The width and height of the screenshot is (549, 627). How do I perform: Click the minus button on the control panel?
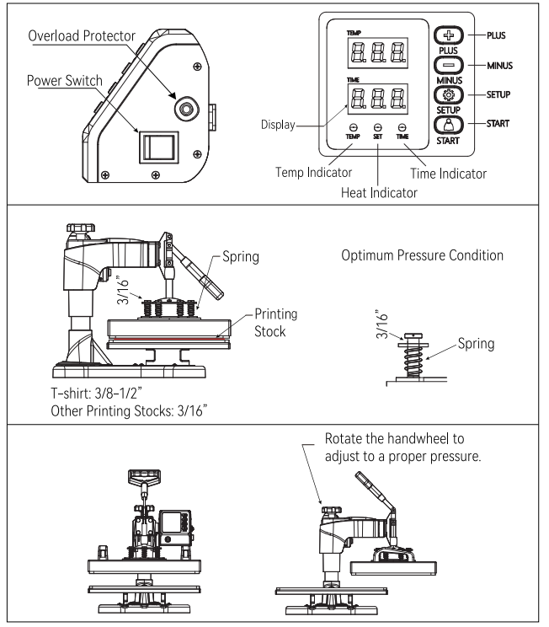(450, 64)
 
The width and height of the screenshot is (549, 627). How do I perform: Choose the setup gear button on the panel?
(450, 94)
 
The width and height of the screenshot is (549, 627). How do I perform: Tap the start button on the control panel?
(450, 125)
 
